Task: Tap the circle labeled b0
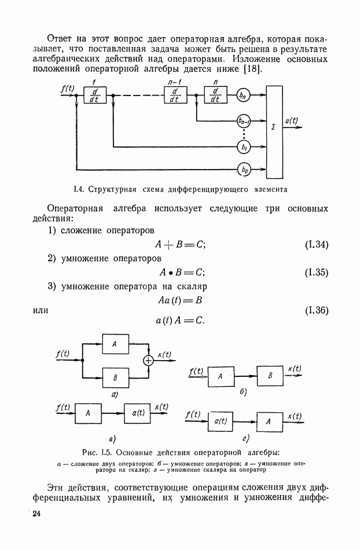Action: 244,170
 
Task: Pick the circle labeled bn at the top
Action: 243,95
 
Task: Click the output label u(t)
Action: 292,121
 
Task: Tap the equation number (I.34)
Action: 317,245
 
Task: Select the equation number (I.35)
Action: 317,273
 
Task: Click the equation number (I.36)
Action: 317,310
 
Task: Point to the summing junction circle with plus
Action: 149,360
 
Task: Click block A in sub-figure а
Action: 116,344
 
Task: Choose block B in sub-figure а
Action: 116,377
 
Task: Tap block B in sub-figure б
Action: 270,376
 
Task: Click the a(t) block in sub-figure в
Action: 137,413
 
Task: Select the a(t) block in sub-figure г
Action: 221,421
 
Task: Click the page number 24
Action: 36,514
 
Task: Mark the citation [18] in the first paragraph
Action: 253,69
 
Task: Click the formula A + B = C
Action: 181,245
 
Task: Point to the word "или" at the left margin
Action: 41,311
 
